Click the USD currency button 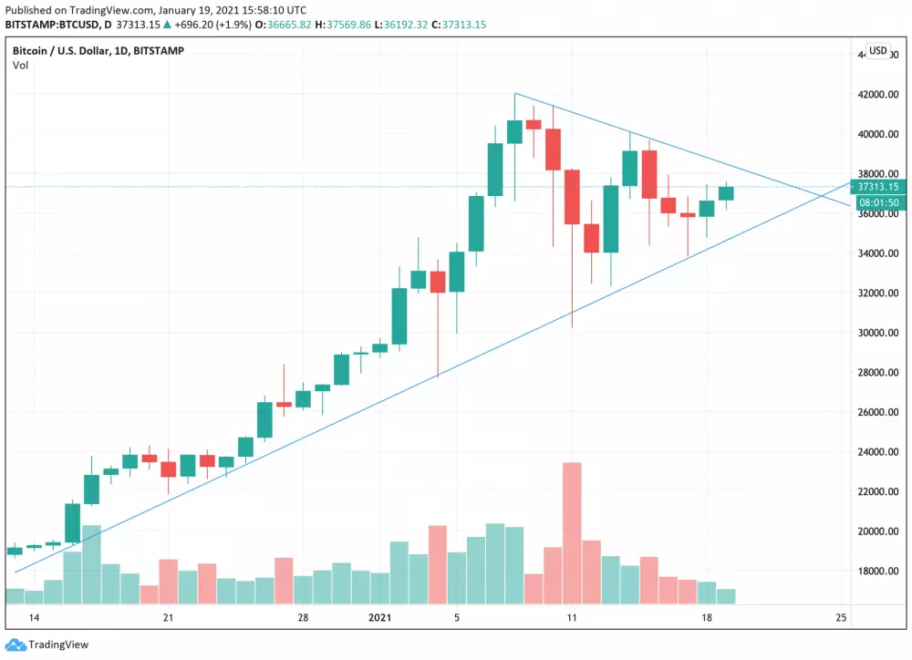click(877, 51)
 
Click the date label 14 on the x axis click(35, 618)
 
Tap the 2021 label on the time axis click(380, 618)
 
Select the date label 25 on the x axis click(841, 618)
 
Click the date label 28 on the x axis click(303, 618)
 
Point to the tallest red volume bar click(572, 533)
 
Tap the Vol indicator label click(19, 66)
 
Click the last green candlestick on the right click(726, 192)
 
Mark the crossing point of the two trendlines click(824, 193)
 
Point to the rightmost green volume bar click(726, 596)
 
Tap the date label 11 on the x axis click(572, 618)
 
